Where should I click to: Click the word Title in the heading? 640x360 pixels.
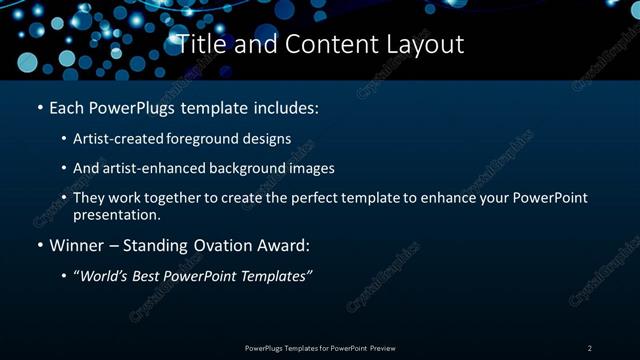198,45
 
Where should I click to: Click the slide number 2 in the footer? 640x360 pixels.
590,348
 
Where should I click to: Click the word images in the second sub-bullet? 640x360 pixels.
310,168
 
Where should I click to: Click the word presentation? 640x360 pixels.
116,214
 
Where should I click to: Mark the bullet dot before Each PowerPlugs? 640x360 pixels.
39,107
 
